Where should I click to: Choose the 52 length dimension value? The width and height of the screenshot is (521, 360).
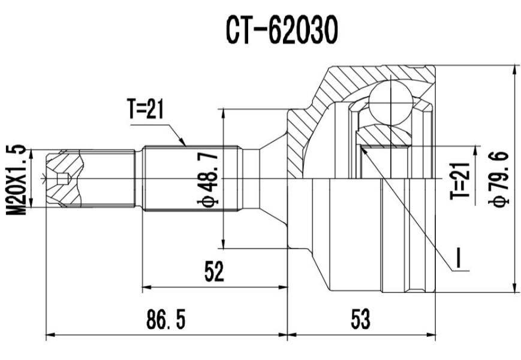click(x=214, y=273)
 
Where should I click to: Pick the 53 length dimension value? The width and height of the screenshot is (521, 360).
click(x=361, y=320)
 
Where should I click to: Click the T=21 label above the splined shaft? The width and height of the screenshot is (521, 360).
click(x=145, y=110)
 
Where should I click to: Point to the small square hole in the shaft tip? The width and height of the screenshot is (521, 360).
click(x=62, y=179)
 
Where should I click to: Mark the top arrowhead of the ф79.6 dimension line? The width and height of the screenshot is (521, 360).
click(x=514, y=67)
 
